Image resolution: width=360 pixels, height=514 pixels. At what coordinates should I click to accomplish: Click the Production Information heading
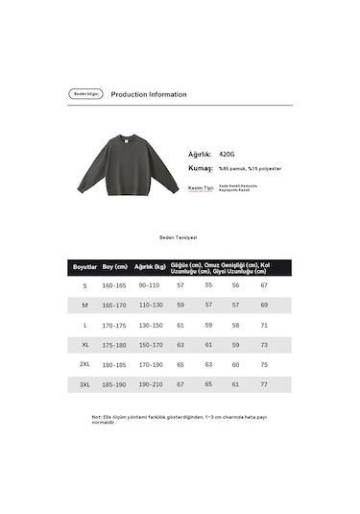point(149,94)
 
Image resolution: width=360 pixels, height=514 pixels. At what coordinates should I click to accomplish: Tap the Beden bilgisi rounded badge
point(85,94)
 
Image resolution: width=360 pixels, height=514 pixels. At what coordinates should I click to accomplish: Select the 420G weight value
point(227,153)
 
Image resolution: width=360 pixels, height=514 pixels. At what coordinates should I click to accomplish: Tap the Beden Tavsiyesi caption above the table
point(179,236)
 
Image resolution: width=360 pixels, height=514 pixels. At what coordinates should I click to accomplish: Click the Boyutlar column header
point(85,266)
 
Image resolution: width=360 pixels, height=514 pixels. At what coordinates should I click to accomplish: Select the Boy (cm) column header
point(114,266)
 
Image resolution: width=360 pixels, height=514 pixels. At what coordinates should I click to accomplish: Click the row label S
point(84,285)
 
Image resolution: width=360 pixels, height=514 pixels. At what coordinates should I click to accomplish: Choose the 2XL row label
point(84,365)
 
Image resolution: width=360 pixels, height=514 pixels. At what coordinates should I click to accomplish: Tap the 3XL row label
point(84,384)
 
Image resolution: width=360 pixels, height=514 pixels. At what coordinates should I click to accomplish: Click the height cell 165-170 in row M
point(114,305)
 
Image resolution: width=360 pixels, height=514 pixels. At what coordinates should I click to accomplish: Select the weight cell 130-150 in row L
point(150,325)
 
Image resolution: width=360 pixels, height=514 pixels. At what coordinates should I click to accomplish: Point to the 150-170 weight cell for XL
point(150,345)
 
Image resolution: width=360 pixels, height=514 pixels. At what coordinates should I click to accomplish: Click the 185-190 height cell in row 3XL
point(114,384)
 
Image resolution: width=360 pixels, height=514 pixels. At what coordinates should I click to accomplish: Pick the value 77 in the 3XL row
point(264,384)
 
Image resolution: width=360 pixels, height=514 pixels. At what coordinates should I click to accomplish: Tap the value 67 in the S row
point(264,285)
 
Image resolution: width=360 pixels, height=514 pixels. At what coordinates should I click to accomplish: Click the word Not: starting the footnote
point(96,417)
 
